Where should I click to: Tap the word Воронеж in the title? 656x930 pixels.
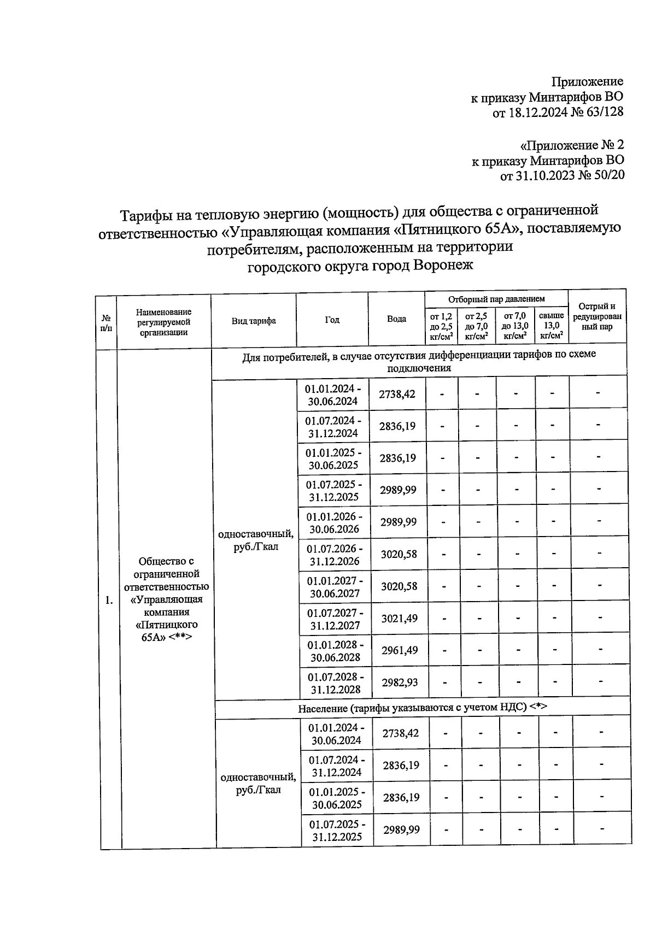[443, 266]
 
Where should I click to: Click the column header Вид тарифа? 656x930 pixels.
[254, 321]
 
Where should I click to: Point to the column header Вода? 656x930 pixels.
[396, 319]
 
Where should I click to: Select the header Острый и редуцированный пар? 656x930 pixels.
[597, 316]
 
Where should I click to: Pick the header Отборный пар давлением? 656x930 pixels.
[496, 299]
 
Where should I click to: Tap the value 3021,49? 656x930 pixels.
[399, 619]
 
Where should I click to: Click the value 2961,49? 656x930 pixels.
[400, 650]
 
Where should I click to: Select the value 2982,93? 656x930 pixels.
[400, 682]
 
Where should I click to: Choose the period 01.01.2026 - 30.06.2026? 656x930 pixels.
[334, 522]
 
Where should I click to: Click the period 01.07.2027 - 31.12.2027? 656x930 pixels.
[334, 619]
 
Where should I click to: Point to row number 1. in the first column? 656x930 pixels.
[109, 601]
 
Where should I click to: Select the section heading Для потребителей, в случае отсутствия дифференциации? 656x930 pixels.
[419, 361]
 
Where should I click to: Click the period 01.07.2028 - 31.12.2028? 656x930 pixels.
[335, 682]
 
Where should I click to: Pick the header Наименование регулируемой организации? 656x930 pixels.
[163, 321]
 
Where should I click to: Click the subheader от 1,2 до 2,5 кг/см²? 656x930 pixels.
[441, 326]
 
